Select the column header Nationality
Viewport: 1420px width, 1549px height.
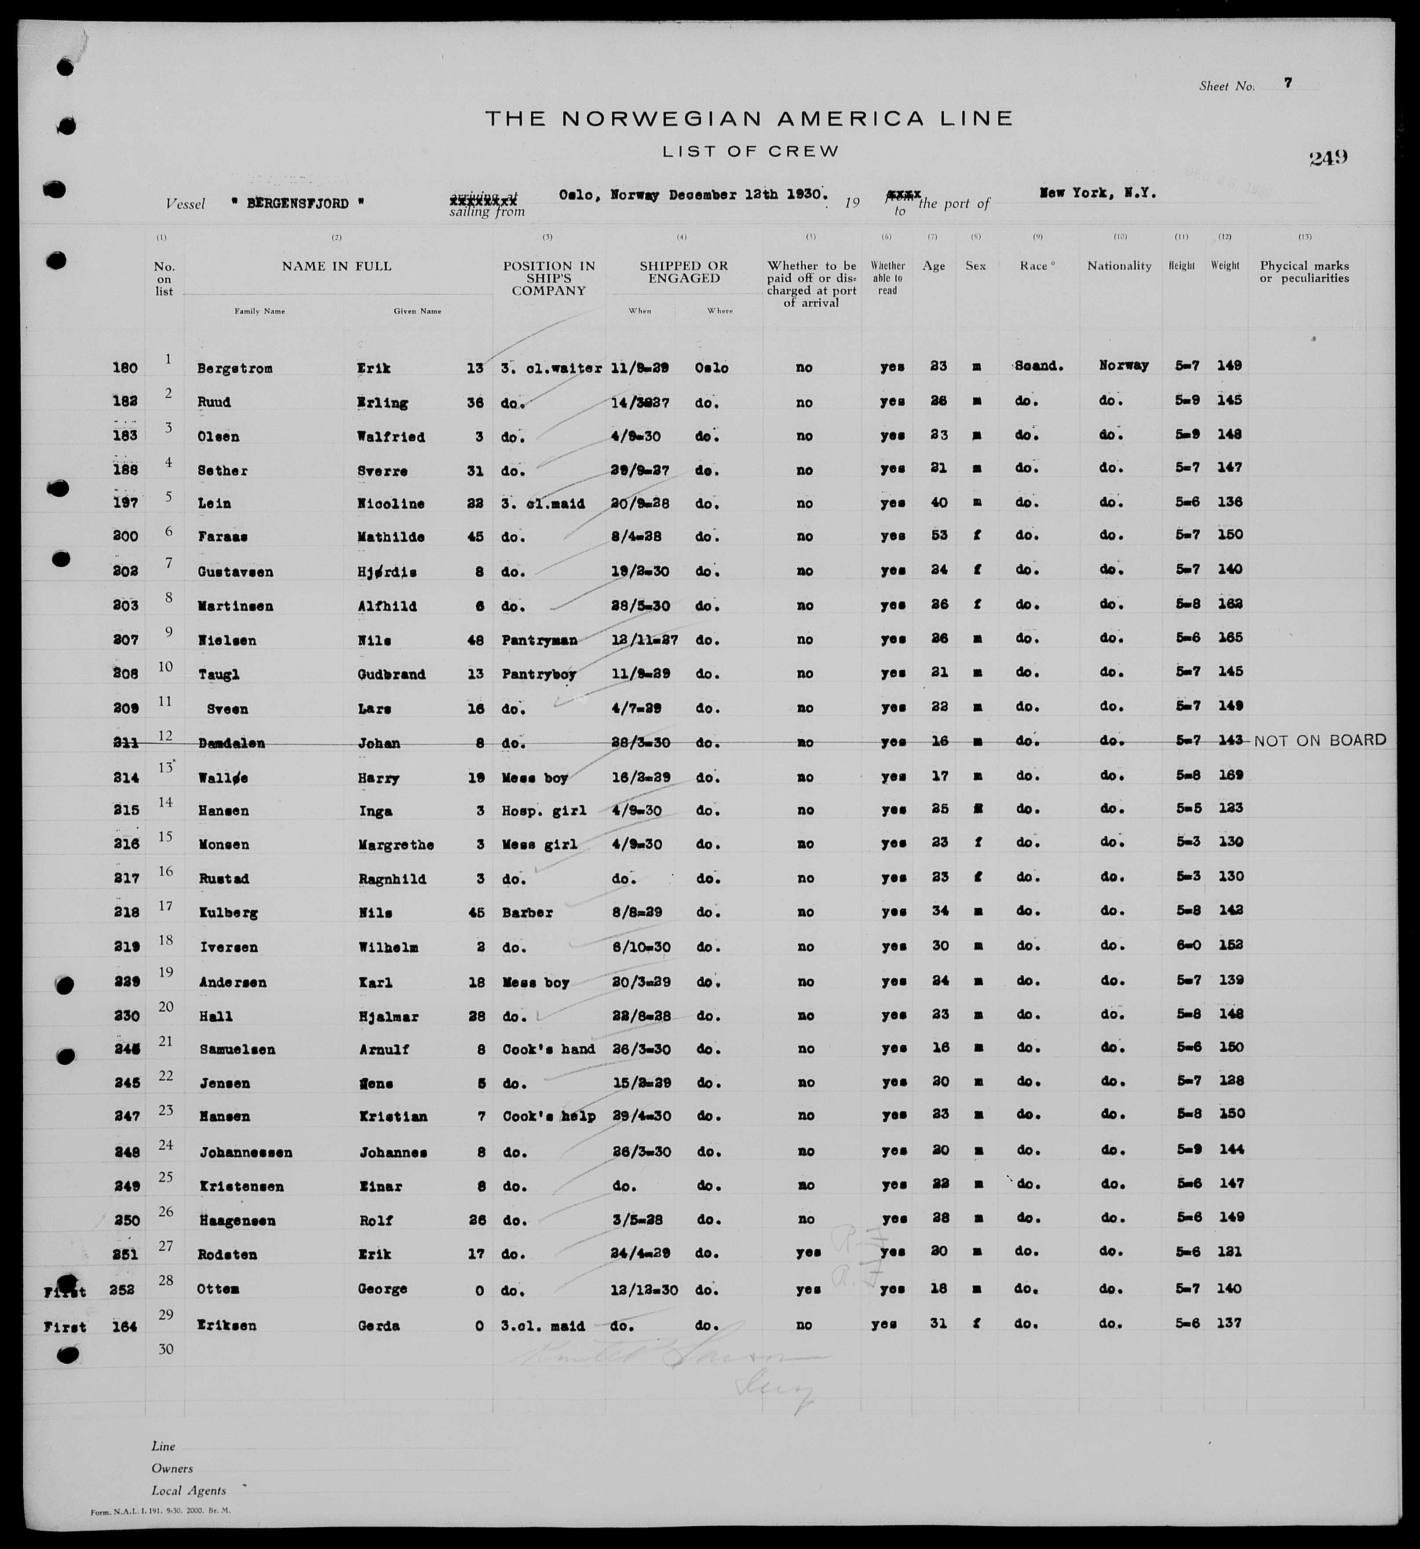1119,266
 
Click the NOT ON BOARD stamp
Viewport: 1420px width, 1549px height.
1320,740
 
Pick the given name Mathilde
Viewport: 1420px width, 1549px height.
391,536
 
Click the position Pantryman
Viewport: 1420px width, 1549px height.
540,639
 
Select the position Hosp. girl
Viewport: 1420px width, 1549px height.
544,810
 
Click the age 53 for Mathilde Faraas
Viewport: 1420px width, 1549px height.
938,535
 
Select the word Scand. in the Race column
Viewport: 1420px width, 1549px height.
1039,367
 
